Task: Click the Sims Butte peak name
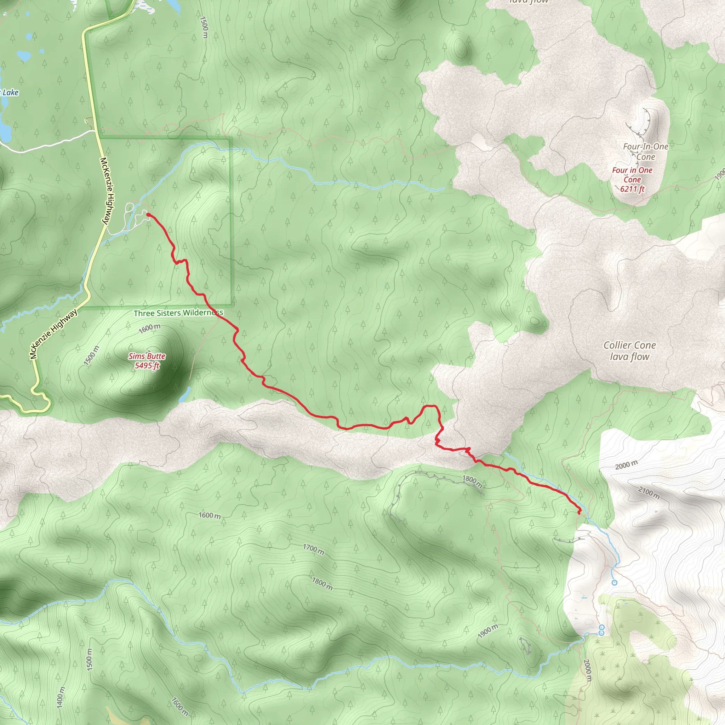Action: tap(147, 356)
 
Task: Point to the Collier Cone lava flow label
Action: tap(629, 351)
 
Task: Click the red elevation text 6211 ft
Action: tap(632, 189)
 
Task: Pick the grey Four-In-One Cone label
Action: tap(645, 152)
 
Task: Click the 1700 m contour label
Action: tap(313, 549)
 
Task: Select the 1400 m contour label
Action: tap(61, 697)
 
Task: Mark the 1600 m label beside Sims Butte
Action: tap(149, 329)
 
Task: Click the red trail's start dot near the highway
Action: tap(148, 215)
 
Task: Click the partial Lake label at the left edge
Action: tap(10, 93)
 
